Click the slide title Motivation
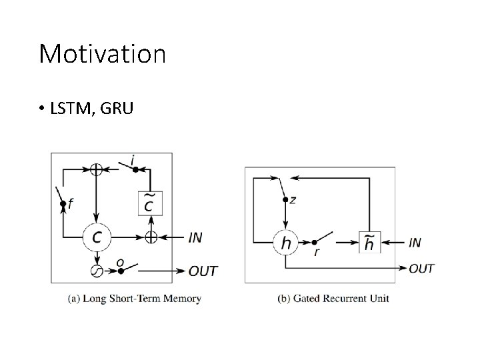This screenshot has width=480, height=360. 102,54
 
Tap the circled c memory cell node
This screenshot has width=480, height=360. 97,236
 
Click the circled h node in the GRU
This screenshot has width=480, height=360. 286,243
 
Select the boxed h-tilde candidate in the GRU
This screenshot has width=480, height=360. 369,243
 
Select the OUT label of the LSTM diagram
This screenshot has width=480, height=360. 203,271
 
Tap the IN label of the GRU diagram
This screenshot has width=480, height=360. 415,243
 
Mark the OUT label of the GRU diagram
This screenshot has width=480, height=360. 421,269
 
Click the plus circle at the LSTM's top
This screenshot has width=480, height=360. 97,169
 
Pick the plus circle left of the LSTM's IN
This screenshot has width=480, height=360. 151,236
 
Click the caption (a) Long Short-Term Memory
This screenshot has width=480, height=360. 134,299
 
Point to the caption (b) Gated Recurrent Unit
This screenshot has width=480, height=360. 333,299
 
